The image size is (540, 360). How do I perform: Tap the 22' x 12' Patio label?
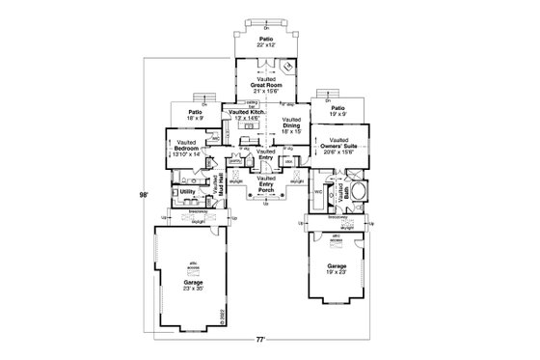[x=265, y=42]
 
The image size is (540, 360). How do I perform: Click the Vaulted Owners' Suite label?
[x=345, y=148]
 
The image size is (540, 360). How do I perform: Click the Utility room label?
[x=188, y=192]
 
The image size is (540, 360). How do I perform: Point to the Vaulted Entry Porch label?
[x=266, y=184]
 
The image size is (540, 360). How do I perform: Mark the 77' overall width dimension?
[x=260, y=342]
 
